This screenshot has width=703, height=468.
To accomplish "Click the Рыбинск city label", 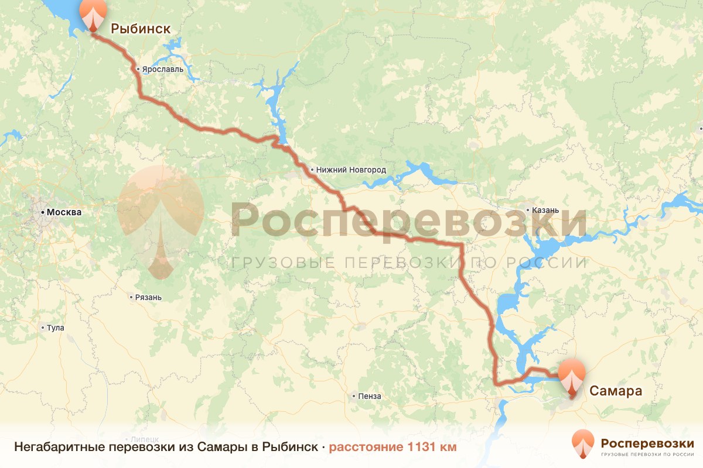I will point(141,28).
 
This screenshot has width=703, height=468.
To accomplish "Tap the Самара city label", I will point(616,391).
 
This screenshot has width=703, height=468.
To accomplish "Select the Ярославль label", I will point(163,69).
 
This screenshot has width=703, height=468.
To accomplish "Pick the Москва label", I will point(64,212).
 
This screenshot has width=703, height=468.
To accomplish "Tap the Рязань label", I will point(148,297).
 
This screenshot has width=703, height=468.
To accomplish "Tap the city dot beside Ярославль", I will point(138,69).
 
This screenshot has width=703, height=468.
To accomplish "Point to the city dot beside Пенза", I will point(354,396).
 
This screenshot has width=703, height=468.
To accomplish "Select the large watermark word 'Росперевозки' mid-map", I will point(408,221).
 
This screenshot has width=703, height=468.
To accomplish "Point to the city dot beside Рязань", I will point(131,297).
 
